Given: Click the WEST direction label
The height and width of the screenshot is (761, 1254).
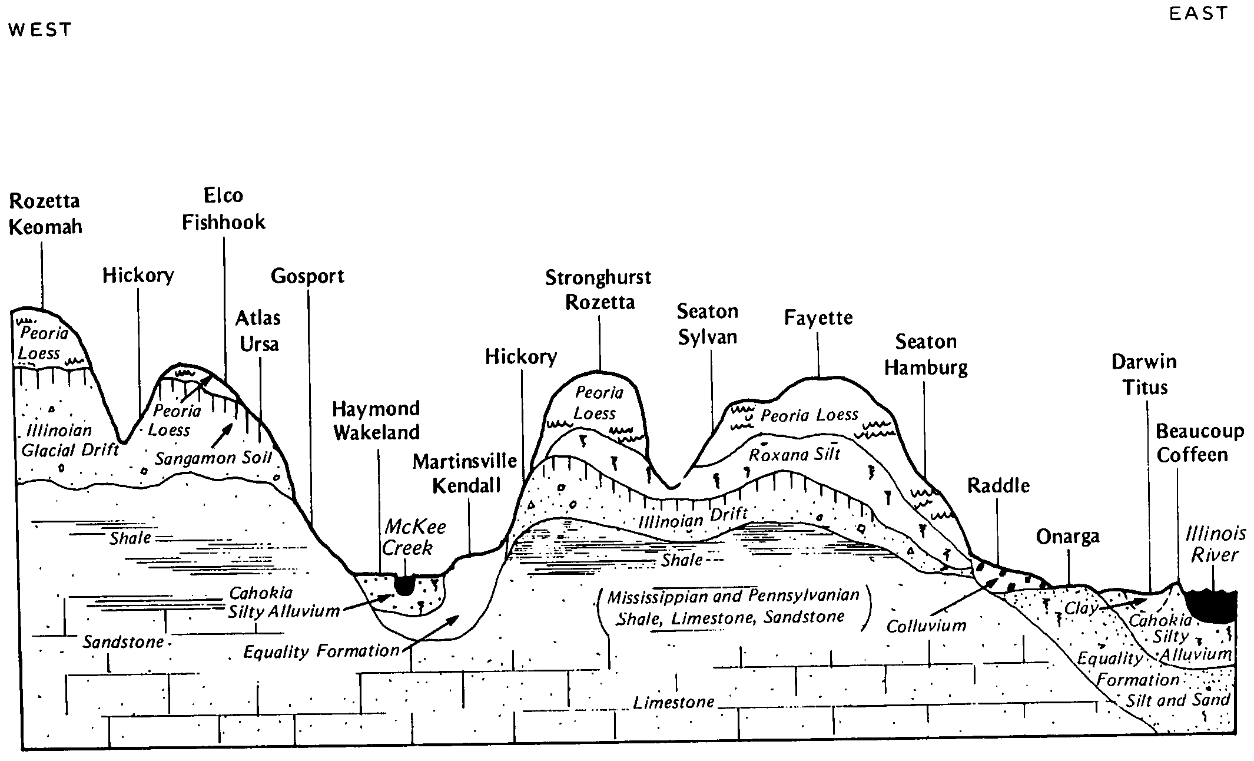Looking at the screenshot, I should coord(40,29).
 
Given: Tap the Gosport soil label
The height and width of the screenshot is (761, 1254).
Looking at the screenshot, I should coord(307,276).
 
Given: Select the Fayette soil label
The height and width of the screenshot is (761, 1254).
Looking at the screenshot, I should coord(818,318).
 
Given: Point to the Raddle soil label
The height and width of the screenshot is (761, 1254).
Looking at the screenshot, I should coord(998,486).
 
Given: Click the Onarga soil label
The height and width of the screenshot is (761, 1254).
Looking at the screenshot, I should coord(1067,537).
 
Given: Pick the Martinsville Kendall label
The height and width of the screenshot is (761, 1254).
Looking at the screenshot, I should coord(465,473).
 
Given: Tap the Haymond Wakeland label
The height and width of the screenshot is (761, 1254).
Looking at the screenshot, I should coord(376,421).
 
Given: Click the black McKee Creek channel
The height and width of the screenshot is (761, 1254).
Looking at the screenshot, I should coord(404,585).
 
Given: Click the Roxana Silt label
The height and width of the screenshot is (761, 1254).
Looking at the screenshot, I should coord(794,455).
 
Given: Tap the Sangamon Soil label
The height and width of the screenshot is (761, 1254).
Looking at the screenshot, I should coord(213,458).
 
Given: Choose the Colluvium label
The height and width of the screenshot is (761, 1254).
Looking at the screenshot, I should coord(926,626).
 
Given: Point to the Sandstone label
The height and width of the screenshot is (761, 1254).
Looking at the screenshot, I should coord(123,641).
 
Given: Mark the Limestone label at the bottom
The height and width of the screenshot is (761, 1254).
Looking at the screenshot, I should coord(674,702).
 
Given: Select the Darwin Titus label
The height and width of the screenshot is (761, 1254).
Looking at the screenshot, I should coord(1144,375).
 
